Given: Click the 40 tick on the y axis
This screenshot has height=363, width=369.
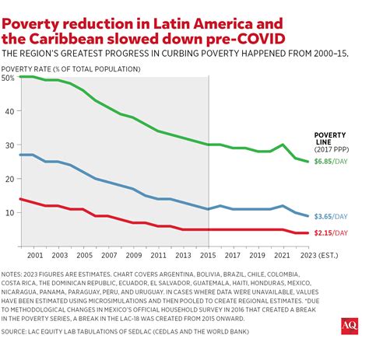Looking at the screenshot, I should pyautogui.click(x=9, y=111).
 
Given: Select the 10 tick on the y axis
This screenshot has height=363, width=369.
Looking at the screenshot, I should pyautogui.click(x=9, y=212).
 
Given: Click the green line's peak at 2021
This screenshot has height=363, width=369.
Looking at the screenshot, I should pyautogui.click(x=281, y=145).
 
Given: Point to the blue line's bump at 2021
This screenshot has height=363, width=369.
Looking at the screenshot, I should pyautogui.click(x=281, y=206).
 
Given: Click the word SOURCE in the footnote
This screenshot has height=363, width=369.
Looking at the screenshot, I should pyautogui.click(x=19, y=330).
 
